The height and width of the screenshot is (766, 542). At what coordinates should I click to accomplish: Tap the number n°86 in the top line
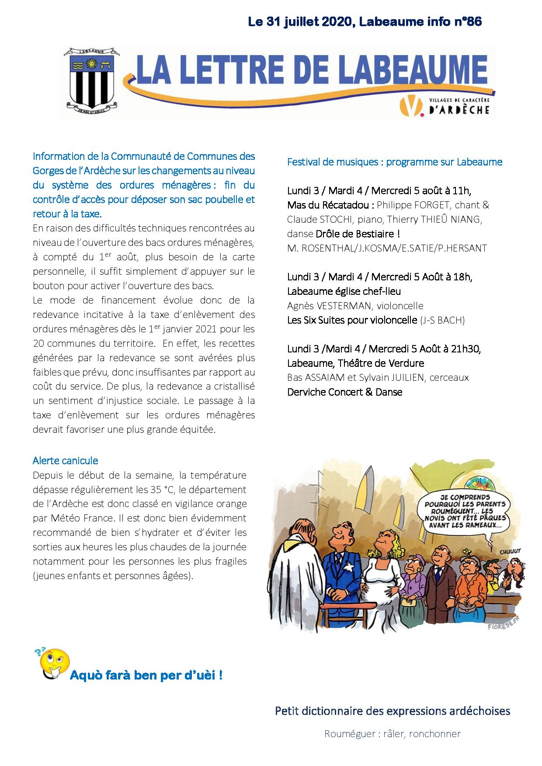tap(467, 22)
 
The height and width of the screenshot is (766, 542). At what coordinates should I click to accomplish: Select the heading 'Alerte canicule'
tap(65, 460)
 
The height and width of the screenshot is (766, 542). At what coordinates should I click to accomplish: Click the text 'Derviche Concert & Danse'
tap(344, 392)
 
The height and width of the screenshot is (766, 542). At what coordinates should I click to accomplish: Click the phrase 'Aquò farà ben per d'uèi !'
tap(146, 675)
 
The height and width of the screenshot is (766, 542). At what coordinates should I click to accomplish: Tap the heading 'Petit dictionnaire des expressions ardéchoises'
tap(393, 711)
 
